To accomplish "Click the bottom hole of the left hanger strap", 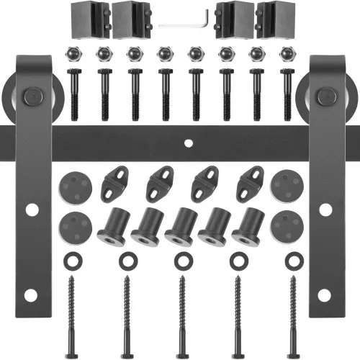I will tap(30, 296).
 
